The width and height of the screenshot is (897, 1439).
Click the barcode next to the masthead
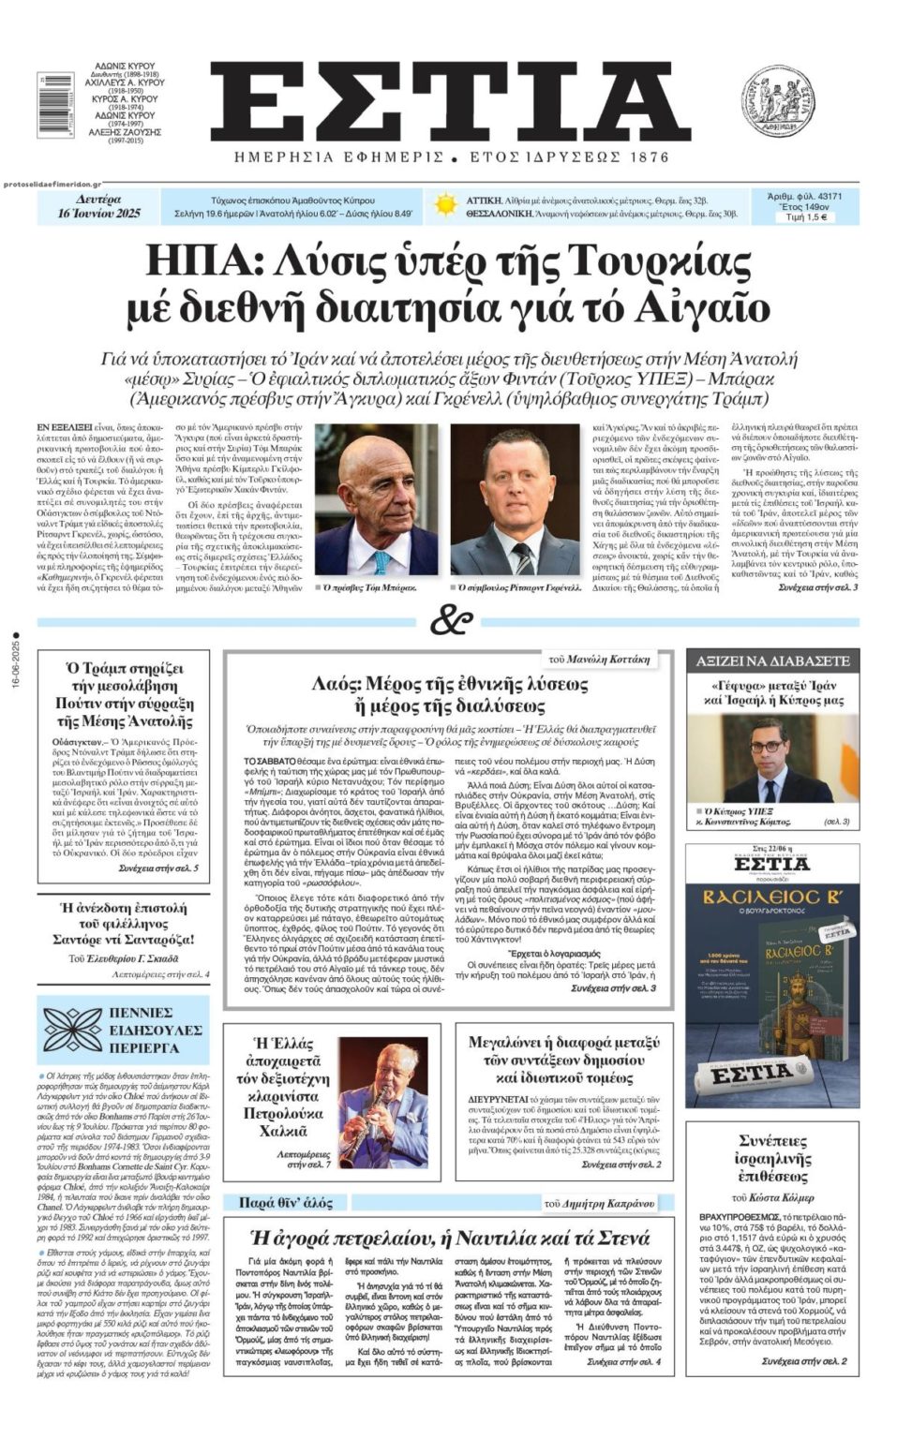55,105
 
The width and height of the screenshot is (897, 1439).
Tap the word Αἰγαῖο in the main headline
710,307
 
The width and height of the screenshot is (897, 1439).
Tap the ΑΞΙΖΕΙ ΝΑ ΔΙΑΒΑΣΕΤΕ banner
772,660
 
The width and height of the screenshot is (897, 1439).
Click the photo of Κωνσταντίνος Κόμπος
771,759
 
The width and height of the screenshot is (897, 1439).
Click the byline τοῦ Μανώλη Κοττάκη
596,660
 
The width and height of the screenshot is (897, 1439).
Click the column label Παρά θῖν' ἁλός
286,1202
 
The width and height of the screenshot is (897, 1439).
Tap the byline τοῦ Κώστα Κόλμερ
772,1197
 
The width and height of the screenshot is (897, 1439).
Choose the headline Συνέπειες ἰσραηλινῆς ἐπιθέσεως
772,1158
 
